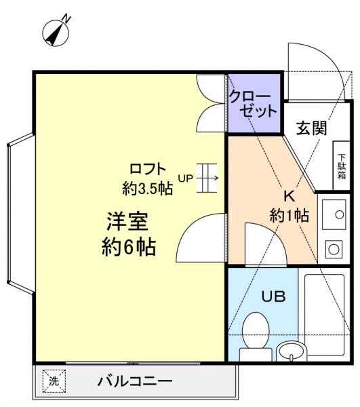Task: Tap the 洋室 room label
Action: pyautogui.click(x=127, y=222)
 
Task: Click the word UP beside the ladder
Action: pyautogui.click(x=185, y=179)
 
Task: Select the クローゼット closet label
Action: pyautogui.click(x=252, y=104)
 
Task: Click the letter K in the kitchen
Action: pyautogui.click(x=288, y=197)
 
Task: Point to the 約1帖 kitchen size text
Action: pyautogui.click(x=289, y=216)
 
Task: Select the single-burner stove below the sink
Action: pyautogui.click(x=333, y=250)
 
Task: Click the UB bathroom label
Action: pyautogui.click(x=274, y=296)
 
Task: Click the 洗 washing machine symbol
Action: pyautogui.click(x=53, y=381)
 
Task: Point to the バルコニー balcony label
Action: pyautogui.click(x=134, y=381)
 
